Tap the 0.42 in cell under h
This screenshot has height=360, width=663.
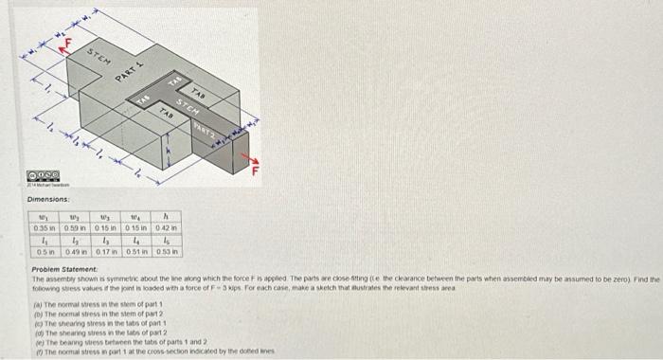point(168,228)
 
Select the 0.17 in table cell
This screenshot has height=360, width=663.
point(107,252)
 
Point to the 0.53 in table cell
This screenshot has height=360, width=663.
point(168,252)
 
